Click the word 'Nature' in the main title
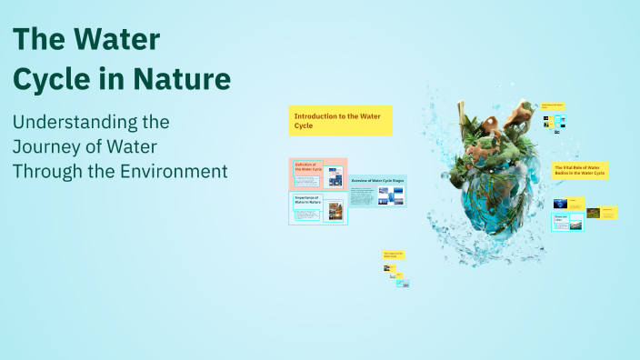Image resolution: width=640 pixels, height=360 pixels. [x=181, y=79]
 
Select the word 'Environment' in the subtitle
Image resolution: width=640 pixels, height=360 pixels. [x=171, y=170]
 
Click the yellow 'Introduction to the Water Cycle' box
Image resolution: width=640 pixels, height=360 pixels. [x=341, y=120]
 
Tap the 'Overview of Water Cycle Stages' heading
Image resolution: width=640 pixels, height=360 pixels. [x=376, y=182]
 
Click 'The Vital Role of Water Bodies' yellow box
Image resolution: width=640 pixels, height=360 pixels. [x=580, y=170]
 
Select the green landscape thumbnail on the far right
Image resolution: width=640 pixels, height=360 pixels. [x=593, y=213]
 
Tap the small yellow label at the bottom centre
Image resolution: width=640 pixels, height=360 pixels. [x=393, y=255]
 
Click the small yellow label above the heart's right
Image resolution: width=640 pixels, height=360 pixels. [x=554, y=107]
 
